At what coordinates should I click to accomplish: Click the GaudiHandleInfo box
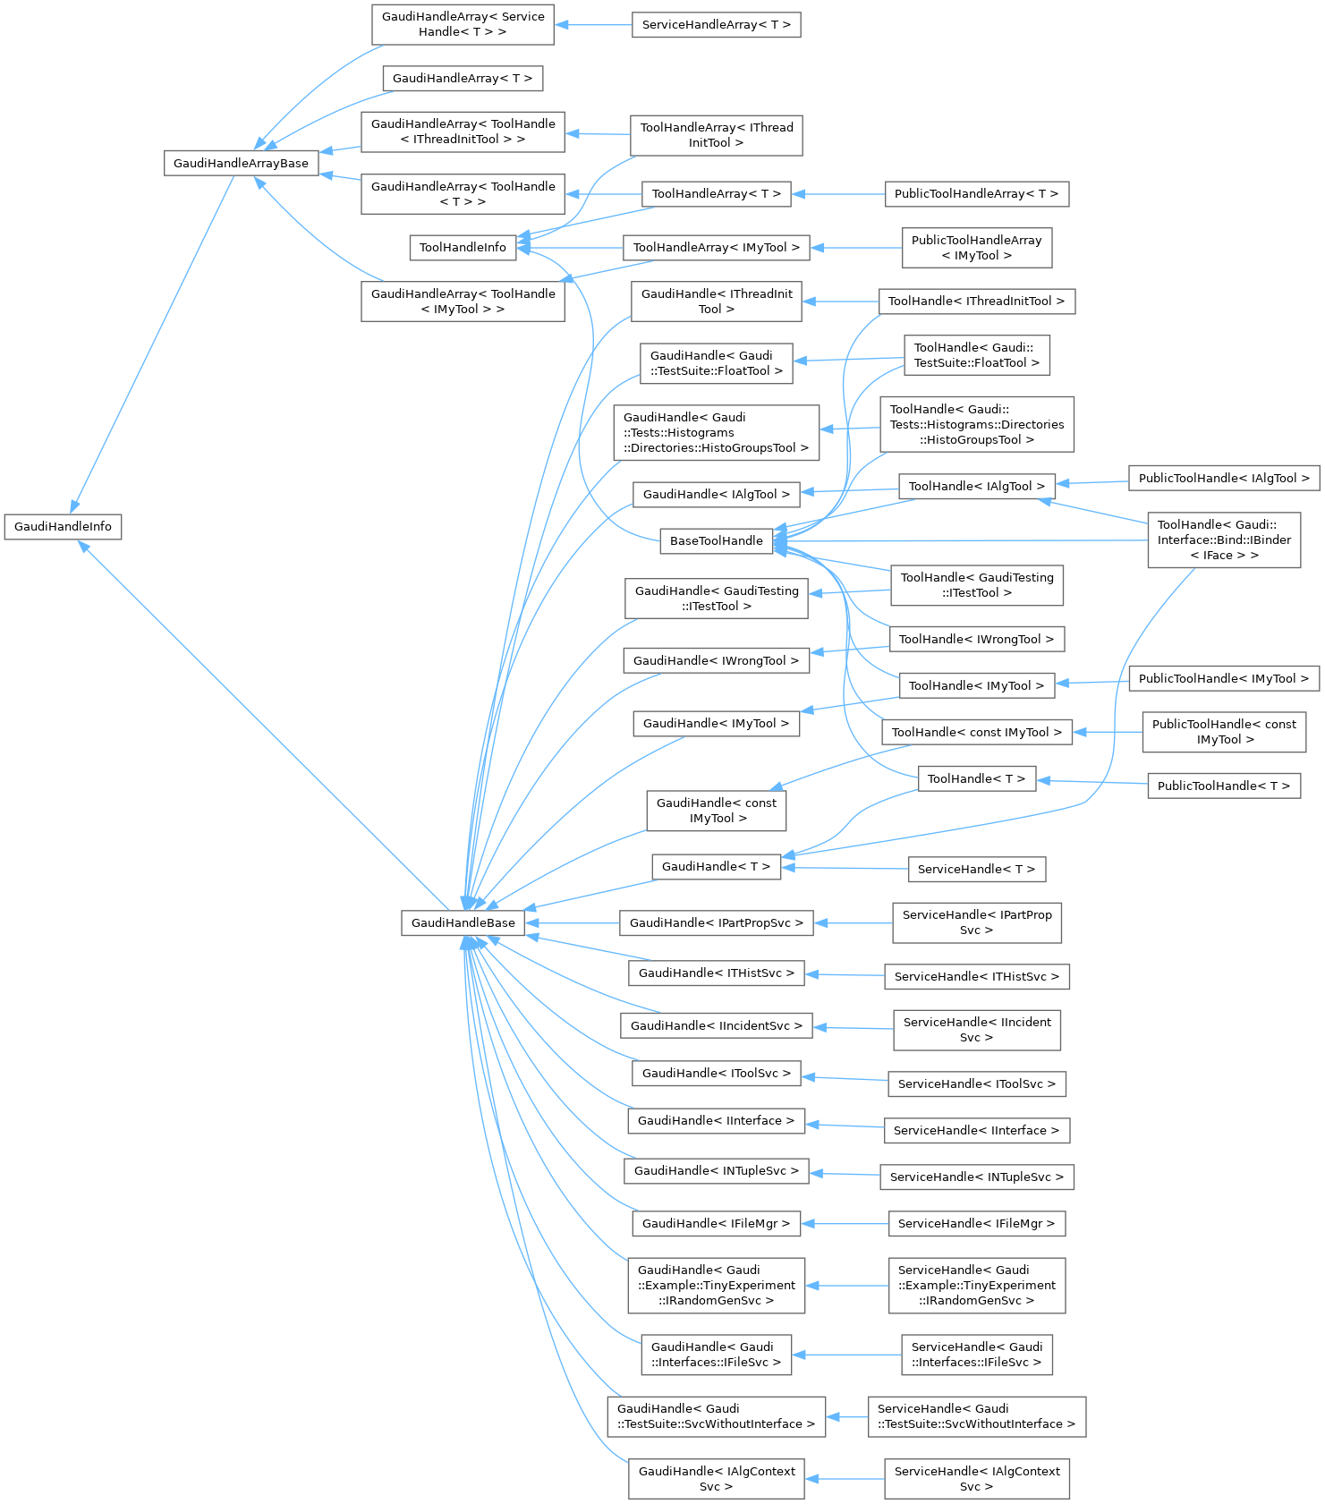pos(63,526)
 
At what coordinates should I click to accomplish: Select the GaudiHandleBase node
pos(463,922)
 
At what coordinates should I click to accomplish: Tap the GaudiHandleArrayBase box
pos(241,163)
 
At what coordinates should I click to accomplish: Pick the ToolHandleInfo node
pos(463,247)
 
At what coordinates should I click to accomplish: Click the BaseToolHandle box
pos(716,540)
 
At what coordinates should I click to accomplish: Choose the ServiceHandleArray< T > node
pos(716,25)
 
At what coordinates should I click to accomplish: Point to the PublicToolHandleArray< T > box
pos(976,193)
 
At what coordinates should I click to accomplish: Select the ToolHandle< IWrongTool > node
pos(976,639)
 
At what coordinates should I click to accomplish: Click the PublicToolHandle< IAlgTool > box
pos(1224,478)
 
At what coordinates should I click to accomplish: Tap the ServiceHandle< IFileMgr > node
pos(976,1223)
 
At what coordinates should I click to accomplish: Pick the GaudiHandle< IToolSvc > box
pos(716,1073)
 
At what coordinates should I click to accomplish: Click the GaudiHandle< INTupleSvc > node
pos(716,1170)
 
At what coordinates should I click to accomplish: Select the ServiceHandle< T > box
pos(976,869)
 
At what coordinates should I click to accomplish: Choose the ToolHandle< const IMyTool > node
pos(976,732)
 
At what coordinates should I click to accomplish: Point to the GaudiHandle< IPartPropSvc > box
pos(716,922)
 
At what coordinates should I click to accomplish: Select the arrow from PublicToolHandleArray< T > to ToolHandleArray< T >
pos(837,193)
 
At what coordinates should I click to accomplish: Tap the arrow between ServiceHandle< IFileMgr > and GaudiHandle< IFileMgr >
pos(845,1223)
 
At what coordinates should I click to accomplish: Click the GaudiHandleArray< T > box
pos(462,78)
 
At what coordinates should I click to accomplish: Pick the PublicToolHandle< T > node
pos(1223,786)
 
